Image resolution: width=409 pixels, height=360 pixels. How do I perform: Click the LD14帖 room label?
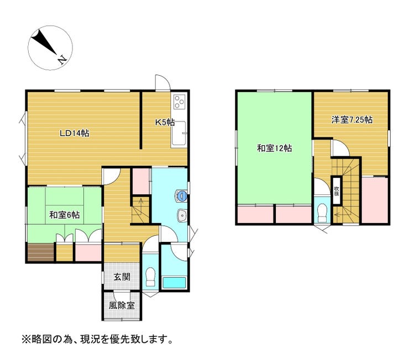click(75, 133)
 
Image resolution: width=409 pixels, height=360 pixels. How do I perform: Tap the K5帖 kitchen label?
click(165, 122)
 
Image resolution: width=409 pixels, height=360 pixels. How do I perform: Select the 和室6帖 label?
click(64, 215)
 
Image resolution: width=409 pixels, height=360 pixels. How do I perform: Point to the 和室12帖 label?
click(275, 148)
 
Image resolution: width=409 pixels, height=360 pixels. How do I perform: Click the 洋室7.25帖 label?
click(352, 119)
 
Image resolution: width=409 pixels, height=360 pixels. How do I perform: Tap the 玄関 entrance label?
click(122, 277)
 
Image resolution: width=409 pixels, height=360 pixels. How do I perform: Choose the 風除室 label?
click(122, 304)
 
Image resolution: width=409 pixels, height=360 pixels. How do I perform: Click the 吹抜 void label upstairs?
click(336, 192)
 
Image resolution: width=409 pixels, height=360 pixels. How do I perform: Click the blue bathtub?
click(175, 283)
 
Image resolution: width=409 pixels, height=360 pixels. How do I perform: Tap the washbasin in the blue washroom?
click(181, 216)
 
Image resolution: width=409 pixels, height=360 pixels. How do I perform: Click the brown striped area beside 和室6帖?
click(40, 252)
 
